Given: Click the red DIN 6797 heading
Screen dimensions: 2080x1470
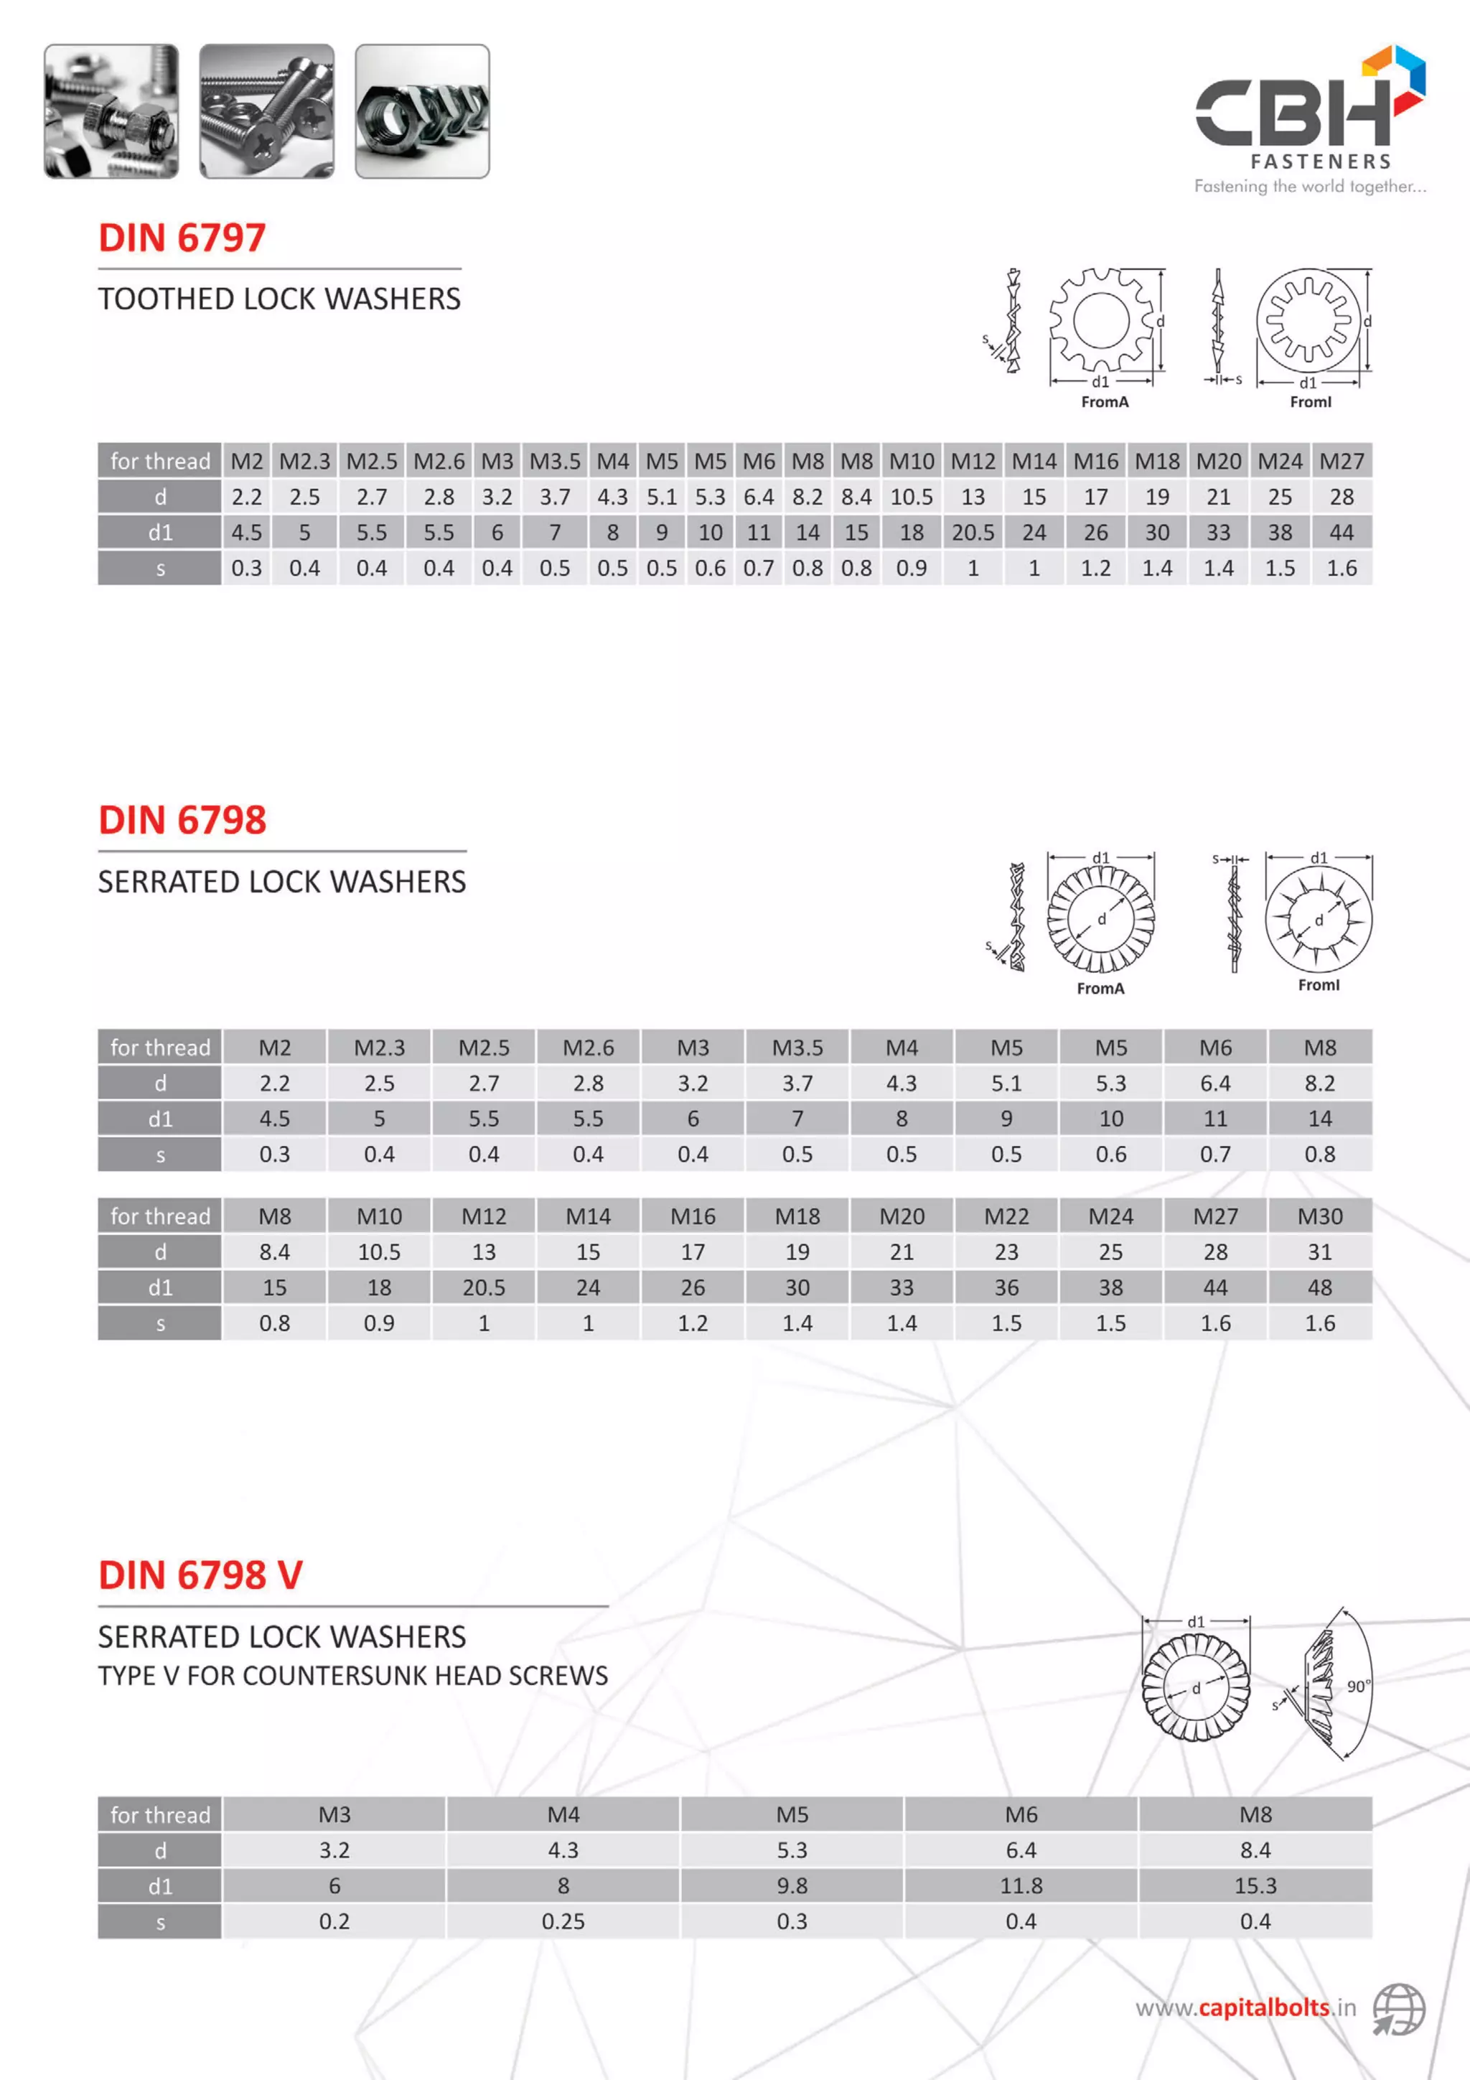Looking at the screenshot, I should point(182,238).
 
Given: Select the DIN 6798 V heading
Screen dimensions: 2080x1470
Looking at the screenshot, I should point(200,1575).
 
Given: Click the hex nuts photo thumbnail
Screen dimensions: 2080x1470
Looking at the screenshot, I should point(422,111).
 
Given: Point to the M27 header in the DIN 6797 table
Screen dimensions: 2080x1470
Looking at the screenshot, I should point(1342,461).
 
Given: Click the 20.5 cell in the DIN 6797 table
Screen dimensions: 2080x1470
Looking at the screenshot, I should point(973,533).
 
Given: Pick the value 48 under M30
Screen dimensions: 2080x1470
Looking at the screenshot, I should point(1320,1287).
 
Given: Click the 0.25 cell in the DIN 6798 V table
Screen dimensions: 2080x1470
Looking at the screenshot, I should point(563,1921).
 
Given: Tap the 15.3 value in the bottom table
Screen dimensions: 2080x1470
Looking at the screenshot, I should point(1255,1885).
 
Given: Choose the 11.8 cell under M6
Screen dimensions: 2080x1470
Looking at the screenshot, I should point(1021,1885).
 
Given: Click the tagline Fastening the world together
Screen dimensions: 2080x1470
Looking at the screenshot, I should point(1310,187).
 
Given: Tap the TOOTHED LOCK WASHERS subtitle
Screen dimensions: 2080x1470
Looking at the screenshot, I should point(279,299).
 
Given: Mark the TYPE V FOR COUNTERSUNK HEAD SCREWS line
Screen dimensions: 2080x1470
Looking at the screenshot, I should point(353,1676).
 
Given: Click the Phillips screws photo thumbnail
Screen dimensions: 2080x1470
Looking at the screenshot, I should point(266,111).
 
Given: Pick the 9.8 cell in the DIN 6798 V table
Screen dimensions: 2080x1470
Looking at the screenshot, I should point(792,1885).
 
